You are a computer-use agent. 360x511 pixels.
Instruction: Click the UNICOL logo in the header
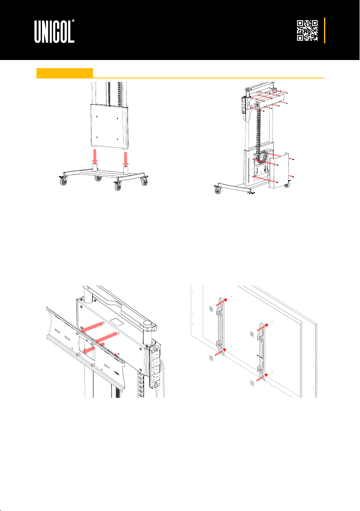click(54, 31)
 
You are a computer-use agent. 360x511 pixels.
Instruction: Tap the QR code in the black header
click(307, 30)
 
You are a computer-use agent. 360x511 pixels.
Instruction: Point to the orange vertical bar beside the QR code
click(324, 30)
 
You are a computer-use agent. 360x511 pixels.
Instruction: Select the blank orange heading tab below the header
click(65, 73)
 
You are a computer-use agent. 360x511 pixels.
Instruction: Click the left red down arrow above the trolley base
click(95, 156)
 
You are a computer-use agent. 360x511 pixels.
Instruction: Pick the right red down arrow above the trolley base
click(126, 158)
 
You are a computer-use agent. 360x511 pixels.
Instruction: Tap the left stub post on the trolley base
click(95, 168)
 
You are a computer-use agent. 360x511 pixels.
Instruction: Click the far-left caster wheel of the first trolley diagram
click(62, 182)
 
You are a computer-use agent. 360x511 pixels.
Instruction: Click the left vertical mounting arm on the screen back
click(221, 327)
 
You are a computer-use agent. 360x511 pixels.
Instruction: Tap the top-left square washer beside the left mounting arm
click(211, 309)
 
